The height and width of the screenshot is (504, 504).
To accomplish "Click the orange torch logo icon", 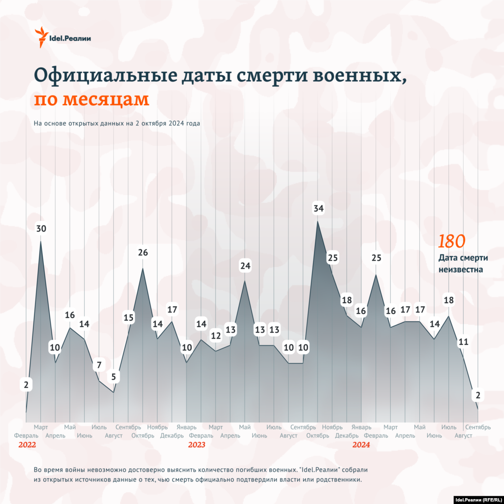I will click(42, 37).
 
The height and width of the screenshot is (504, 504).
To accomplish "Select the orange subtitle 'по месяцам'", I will click(91, 99).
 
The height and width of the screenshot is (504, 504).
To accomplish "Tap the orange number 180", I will click(452, 241).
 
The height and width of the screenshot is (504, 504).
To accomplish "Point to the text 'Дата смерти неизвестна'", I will click(461, 263).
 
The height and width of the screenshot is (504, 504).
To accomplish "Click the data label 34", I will click(318, 209).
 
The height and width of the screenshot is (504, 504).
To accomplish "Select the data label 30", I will click(41, 229).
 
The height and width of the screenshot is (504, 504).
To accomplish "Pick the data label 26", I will click(143, 253).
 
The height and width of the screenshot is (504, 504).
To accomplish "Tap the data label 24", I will click(245, 266).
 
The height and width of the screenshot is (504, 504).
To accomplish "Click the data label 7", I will click(99, 366).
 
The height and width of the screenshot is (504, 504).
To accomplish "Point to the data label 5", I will click(114, 378).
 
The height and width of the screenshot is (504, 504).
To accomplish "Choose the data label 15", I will click(128, 318).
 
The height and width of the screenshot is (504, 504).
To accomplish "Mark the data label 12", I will click(216, 336).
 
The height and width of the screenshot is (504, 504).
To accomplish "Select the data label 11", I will click(463, 342).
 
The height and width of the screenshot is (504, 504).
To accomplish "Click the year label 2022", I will click(27, 445).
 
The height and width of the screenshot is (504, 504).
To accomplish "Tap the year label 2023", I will click(196, 445).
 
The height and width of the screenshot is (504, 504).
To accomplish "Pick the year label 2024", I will click(361, 445).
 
